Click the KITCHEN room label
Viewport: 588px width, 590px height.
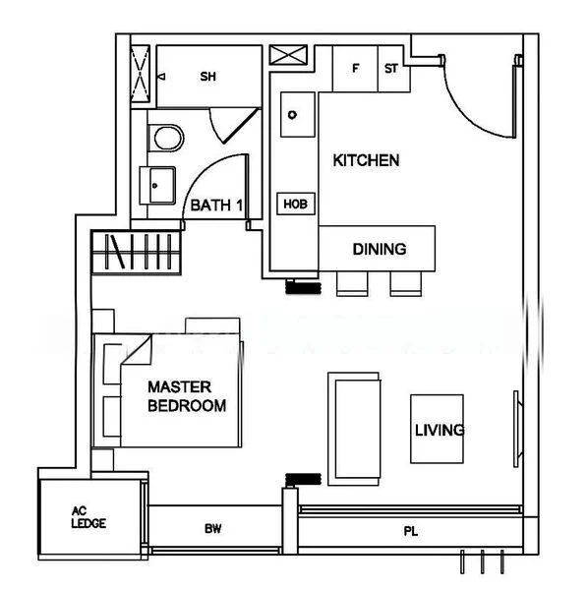[x=366, y=160]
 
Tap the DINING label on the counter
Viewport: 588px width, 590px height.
[x=379, y=249]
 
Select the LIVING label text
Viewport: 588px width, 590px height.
[x=439, y=431]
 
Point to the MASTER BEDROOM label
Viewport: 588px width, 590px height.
[x=187, y=396]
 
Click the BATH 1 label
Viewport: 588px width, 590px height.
[x=216, y=206]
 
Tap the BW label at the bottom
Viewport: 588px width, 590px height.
[x=212, y=529]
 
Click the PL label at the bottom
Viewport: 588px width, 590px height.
[x=410, y=532]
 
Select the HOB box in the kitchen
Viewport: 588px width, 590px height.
[x=295, y=204]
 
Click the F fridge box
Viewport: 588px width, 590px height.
[x=355, y=69]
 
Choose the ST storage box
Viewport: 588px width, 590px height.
[x=391, y=69]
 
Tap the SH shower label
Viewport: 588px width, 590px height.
[x=207, y=77]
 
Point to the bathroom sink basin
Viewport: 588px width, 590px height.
[x=160, y=183]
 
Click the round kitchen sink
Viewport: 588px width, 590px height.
[x=292, y=114]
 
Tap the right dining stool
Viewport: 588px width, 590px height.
[x=404, y=283]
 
